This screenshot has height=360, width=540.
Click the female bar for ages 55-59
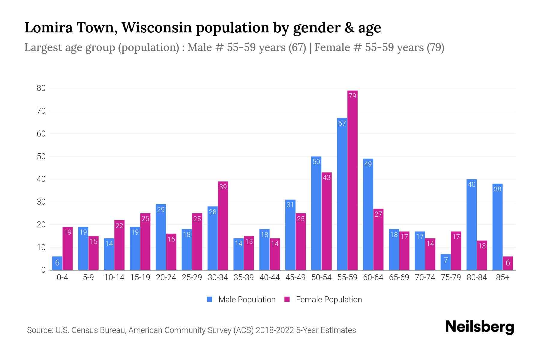pyautogui.click(x=352, y=180)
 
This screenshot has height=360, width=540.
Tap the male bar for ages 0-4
pyautogui.click(x=57, y=263)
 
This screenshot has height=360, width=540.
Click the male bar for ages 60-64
pyautogui.click(x=368, y=214)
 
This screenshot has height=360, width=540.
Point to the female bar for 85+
pyautogui.click(x=508, y=263)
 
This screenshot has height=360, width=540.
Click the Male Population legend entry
pyautogui.click(x=241, y=299)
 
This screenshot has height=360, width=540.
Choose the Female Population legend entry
pyautogui.click(x=323, y=299)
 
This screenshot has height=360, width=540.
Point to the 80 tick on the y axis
pyautogui.click(x=41, y=88)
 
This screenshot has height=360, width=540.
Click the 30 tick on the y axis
pyautogui.click(x=41, y=202)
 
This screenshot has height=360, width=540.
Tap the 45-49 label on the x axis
pyautogui.click(x=295, y=277)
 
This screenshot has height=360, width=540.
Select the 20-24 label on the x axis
pyautogui.click(x=166, y=277)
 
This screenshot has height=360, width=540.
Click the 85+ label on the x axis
pyautogui.click(x=502, y=277)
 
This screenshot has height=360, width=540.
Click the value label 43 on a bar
pyautogui.click(x=326, y=178)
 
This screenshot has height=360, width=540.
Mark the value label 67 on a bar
pyautogui.click(x=342, y=123)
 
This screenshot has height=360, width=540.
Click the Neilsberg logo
pyautogui.click(x=479, y=327)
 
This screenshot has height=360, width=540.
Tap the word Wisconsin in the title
pyautogui.click(x=156, y=28)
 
